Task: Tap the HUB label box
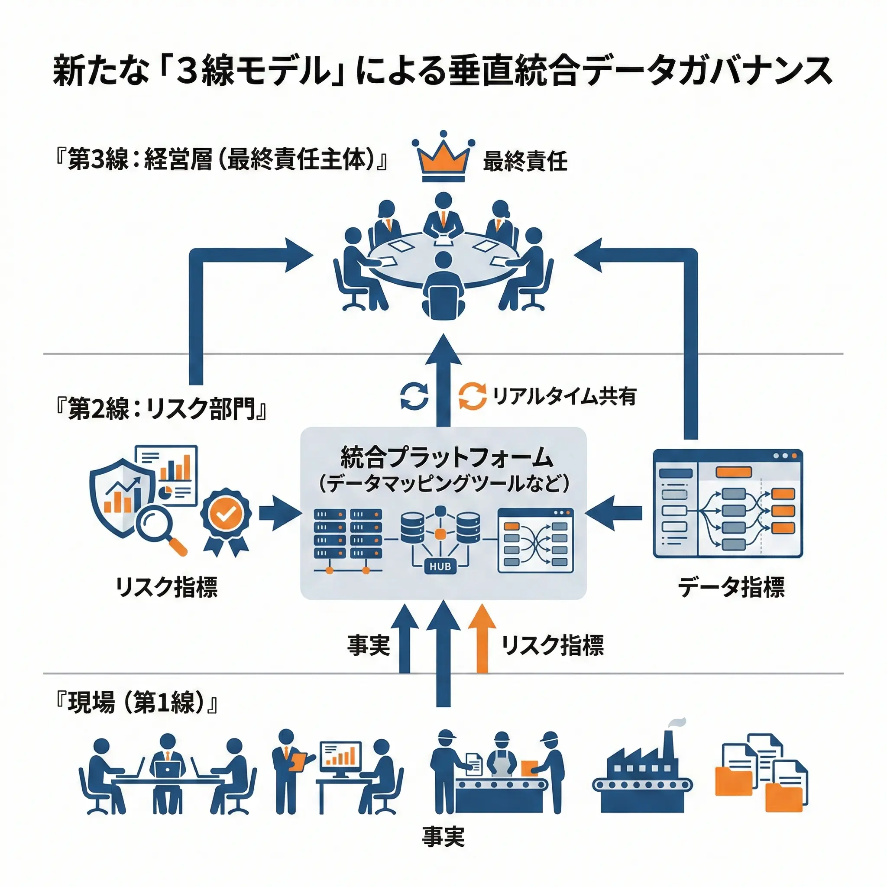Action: pos(440,567)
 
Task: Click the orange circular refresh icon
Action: pos(473,395)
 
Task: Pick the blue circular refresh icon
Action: pos(414,395)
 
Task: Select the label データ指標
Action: pos(732,587)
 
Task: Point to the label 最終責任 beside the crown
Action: pos(525,162)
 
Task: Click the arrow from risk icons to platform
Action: pos(278,513)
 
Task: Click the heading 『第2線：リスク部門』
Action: pos(160,408)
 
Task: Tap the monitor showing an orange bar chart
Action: pos(340,759)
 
